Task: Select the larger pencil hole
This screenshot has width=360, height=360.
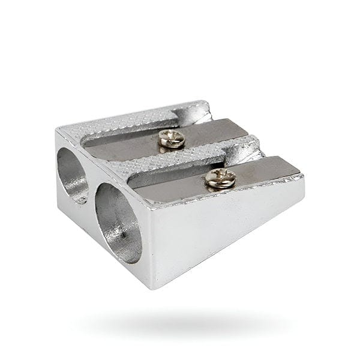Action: [x=117, y=221]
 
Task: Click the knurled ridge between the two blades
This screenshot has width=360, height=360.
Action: [x=180, y=157]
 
